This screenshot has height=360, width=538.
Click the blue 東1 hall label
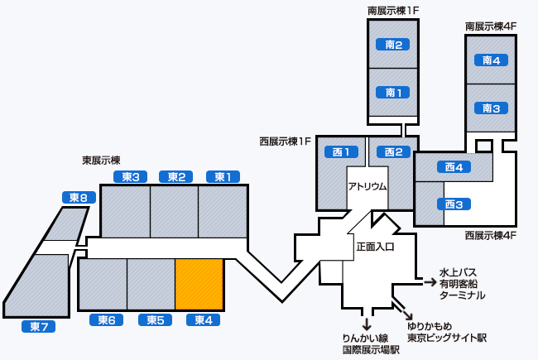point(223,176)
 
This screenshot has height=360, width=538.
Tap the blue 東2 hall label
point(175,176)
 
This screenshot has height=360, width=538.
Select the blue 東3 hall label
point(129,176)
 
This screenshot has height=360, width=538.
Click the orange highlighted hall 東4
point(199,285)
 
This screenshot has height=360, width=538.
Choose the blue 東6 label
point(106,320)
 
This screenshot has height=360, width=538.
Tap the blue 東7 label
point(37,326)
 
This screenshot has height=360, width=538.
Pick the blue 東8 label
point(78,197)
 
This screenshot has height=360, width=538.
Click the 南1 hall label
point(394,92)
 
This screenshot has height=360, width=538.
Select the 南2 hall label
point(394,45)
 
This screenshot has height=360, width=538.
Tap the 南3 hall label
point(492,108)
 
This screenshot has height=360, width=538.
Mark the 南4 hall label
point(492,60)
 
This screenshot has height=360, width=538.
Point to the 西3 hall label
point(453,204)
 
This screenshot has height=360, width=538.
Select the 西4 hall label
point(453,167)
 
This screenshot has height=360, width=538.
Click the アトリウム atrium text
point(367,186)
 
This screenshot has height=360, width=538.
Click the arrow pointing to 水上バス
point(430,281)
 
